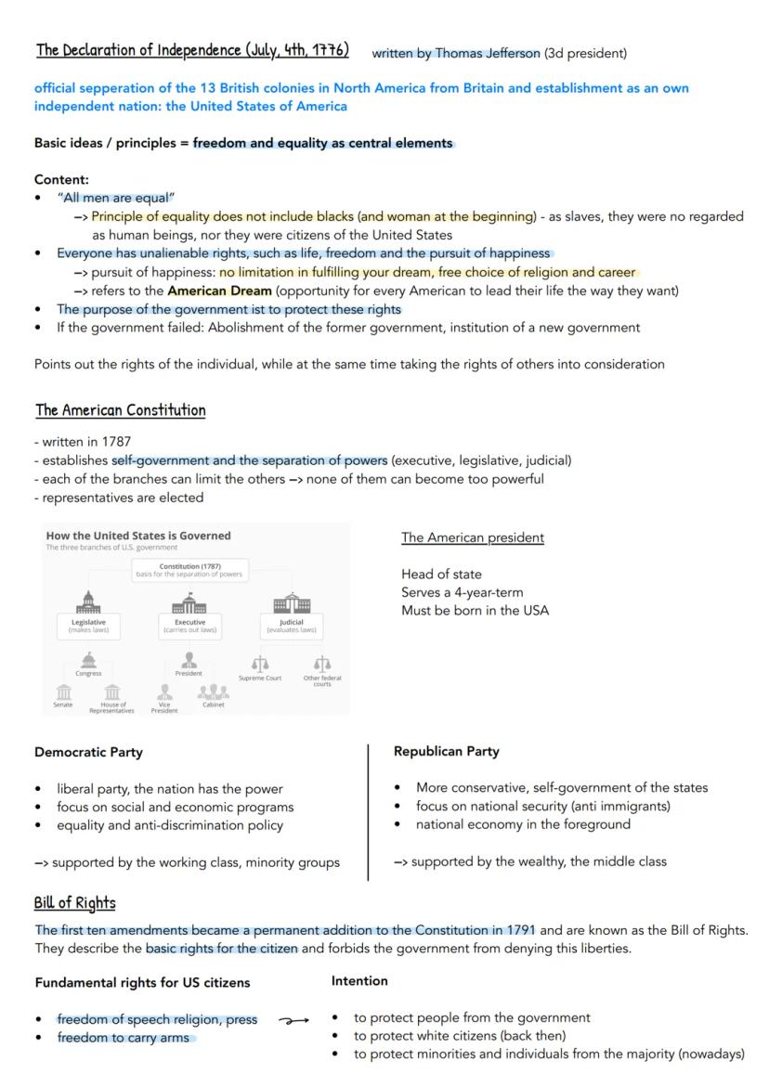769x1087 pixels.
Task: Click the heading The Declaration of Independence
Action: [192, 50]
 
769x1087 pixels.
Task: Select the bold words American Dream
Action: [219, 291]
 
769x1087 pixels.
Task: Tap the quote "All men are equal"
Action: [115, 198]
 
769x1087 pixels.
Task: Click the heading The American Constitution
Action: [121, 410]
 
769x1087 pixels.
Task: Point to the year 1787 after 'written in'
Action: [116, 442]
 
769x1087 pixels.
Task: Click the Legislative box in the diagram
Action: [89, 625]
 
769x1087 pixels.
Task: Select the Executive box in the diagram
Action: [189, 625]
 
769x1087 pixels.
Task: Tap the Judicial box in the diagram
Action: [292, 625]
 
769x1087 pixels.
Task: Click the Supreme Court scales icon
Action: [260, 664]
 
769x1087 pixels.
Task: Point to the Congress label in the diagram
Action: [88, 674]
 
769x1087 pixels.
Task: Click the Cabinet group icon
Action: [214, 692]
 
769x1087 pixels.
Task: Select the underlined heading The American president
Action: [473, 537]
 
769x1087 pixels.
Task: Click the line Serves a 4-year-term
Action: [463, 592]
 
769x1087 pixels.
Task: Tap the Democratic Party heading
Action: [88, 752]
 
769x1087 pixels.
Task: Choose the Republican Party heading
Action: [447, 751]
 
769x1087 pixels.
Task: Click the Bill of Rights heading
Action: [74, 903]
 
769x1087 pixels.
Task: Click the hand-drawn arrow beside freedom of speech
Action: [293, 1020]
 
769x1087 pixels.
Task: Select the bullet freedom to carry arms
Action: [123, 1038]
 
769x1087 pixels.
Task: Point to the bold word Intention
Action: [359, 980]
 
